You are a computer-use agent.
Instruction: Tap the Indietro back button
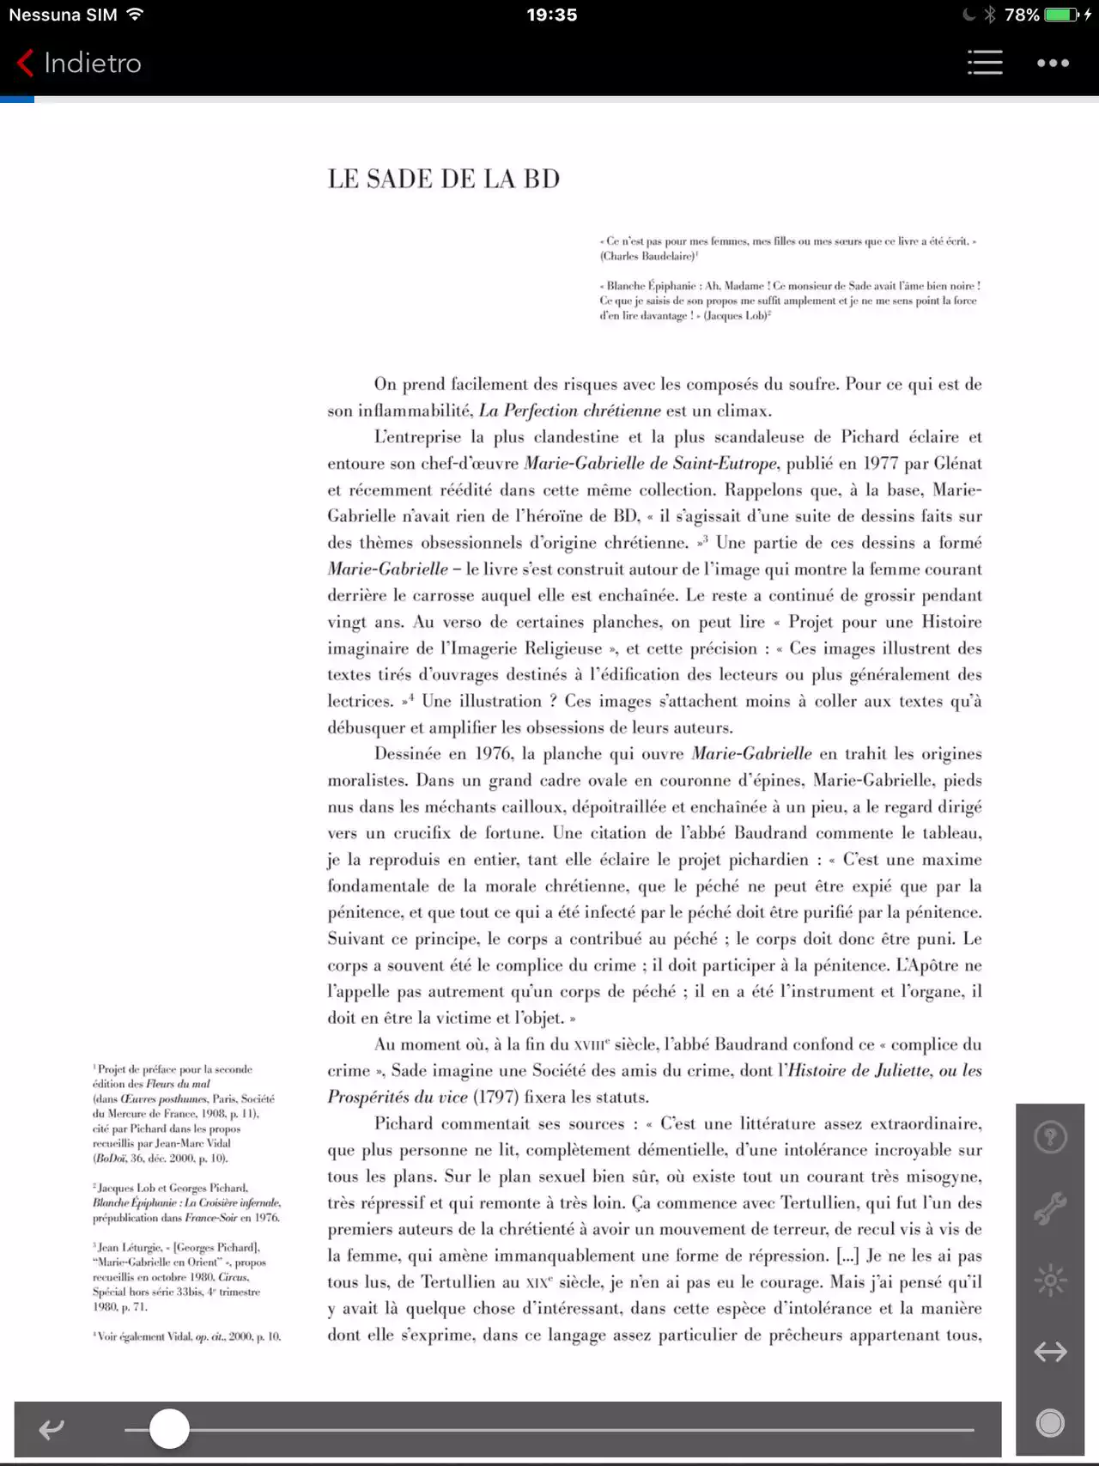79,63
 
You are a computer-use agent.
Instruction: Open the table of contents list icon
985,63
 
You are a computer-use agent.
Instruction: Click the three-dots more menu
1053,63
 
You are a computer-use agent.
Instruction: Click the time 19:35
552,15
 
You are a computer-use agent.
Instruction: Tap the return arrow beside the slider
52,1429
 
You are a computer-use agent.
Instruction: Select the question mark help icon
1050,1137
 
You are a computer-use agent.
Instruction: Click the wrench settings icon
1050,1207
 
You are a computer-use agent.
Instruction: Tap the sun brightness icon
1050,1280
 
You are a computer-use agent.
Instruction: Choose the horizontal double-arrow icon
1050,1352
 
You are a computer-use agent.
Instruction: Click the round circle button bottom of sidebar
1050,1423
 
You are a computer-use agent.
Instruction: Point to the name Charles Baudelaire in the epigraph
647,256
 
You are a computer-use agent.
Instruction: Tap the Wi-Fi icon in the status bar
135,15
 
